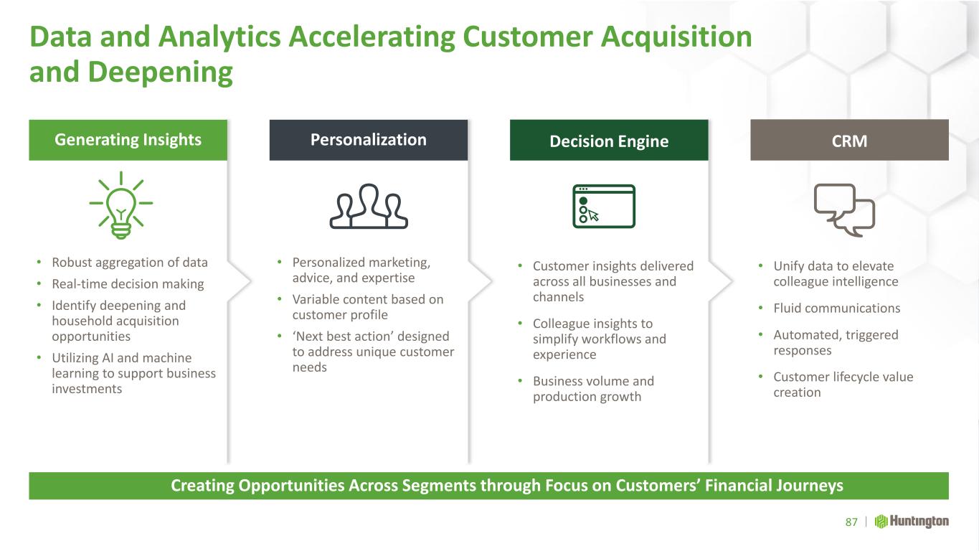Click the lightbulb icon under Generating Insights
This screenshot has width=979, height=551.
point(121,205)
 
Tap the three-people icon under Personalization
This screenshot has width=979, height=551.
point(369,207)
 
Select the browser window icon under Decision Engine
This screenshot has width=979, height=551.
point(604,207)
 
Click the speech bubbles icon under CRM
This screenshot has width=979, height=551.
point(844,210)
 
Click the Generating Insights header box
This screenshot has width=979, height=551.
point(128,140)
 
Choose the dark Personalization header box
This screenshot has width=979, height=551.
point(369,140)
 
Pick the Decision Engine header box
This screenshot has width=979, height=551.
point(609,140)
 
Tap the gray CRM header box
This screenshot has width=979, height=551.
point(849,140)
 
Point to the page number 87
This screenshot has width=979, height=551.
point(851,522)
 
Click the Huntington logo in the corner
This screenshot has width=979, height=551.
point(912,522)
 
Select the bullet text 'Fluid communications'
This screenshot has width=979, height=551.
point(836,309)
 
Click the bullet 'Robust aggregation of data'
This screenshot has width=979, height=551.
point(130,263)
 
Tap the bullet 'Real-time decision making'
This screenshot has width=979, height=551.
point(128,284)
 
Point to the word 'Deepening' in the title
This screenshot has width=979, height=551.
point(161,73)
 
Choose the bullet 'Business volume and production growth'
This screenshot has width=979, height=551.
point(593,389)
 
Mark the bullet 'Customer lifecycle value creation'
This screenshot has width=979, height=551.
point(843,385)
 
